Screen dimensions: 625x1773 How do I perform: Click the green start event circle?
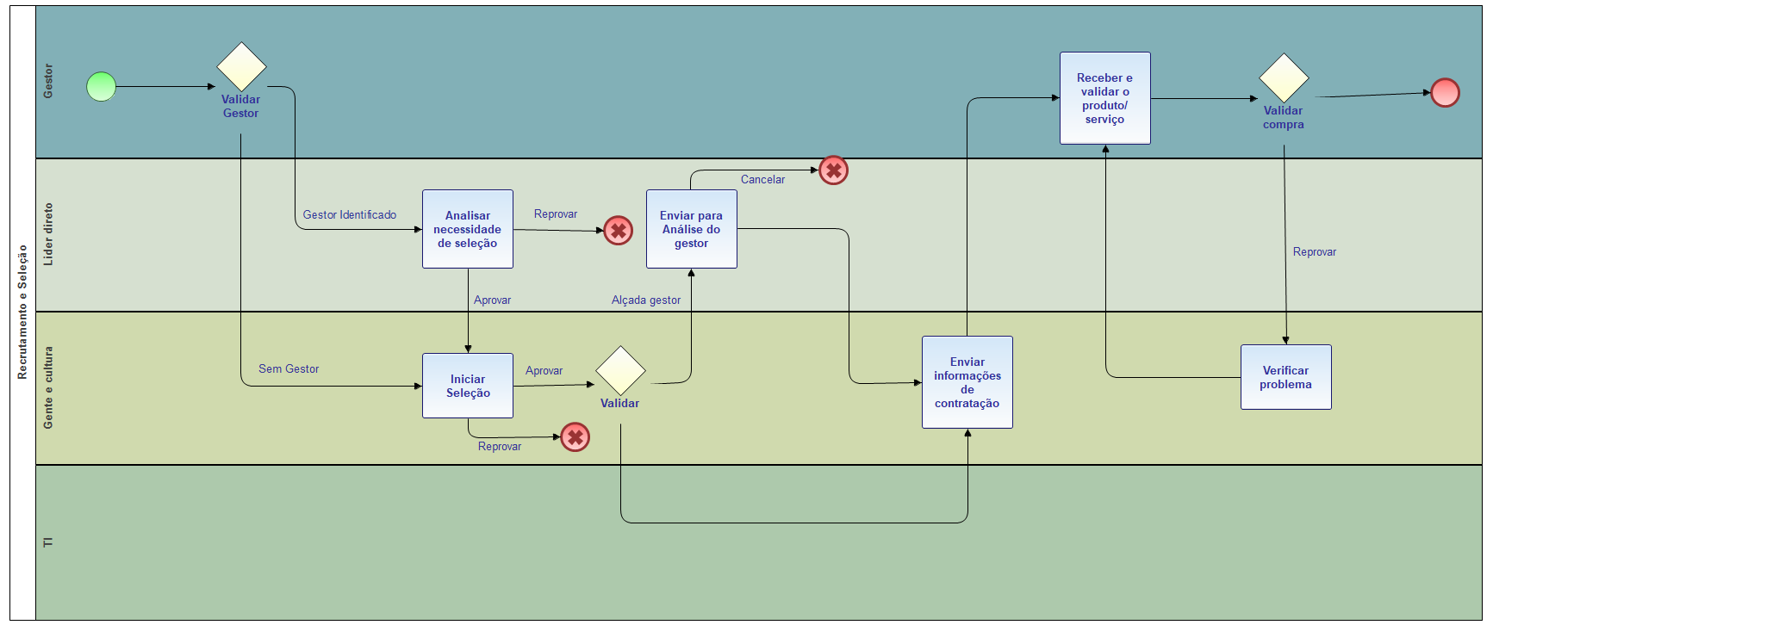[x=101, y=86]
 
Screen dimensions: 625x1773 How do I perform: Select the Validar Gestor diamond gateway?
[x=241, y=67]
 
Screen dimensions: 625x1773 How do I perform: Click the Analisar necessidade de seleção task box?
[x=468, y=229]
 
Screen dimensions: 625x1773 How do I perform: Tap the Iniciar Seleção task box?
[x=468, y=386]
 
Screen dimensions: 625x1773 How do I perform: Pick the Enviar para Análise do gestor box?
[x=691, y=229]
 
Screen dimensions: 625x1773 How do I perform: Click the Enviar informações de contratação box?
[x=967, y=382]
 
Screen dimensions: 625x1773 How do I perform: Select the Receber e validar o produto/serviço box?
[x=1104, y=98]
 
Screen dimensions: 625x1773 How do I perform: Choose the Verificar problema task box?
[x=1285, y=377]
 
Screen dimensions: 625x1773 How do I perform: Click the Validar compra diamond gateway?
[x=1284, y=78]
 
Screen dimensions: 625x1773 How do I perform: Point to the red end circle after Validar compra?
[x=1445, y=92]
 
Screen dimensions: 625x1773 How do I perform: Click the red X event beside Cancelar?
[x=833, y=170]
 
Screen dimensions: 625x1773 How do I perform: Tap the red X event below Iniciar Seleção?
[x=575, y=437]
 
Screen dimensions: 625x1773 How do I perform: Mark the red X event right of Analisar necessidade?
[x=618, y=230]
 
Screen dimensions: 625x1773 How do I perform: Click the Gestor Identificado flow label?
[x=349, y=214]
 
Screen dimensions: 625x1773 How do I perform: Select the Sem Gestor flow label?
[x=289, y=368]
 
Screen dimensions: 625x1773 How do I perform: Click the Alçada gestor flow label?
[x=645, y=300]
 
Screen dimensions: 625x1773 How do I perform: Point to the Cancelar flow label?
[x=762, y=179]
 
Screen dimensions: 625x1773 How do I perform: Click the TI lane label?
[x=48, y=542]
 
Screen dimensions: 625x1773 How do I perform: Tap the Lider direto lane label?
[x=48, y=234]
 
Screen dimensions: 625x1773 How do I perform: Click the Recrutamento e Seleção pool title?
[x=22, y=312]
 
